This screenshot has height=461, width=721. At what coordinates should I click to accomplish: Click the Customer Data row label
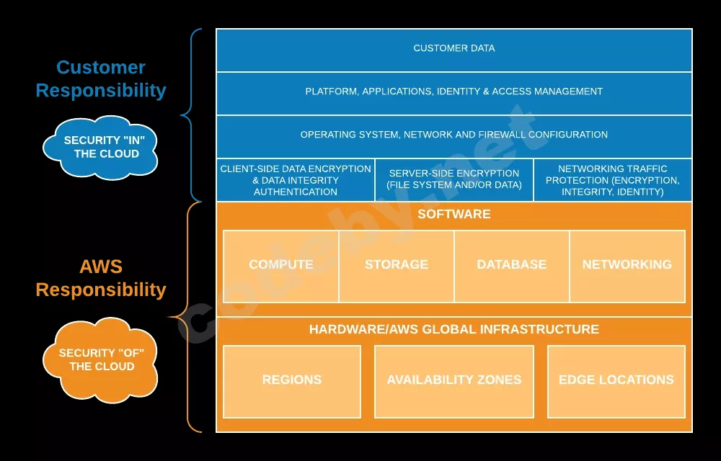point(454,48)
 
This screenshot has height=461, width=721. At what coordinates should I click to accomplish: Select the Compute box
point(281,267)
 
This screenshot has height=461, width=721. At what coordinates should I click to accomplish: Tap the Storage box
point(397,267)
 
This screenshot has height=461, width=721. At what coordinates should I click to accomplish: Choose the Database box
point(512,267)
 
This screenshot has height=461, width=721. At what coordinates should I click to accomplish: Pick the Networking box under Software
point(627,267)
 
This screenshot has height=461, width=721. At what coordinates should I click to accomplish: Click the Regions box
point(292,382)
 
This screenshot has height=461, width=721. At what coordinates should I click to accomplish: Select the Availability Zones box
point(454,382)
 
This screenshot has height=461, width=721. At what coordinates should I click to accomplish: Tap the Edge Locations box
point(616,382)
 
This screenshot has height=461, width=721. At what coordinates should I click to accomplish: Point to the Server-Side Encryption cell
point(454,180)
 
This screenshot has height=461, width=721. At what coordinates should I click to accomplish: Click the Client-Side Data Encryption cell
point(296,180)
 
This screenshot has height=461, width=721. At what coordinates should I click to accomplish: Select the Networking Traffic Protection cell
point(613,180)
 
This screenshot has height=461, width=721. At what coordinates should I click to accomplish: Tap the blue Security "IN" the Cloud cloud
point(101,147)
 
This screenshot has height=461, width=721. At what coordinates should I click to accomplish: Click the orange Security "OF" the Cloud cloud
point(101,360)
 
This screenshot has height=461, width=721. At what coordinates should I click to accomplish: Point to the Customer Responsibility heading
point(101,79)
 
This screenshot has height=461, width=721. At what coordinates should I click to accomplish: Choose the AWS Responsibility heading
point(101,278)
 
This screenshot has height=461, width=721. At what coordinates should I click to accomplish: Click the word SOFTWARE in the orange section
point(454,214)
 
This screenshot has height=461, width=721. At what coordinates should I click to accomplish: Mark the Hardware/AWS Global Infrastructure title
point(454,329)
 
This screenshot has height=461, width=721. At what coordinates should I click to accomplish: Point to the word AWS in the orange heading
point(101,267)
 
